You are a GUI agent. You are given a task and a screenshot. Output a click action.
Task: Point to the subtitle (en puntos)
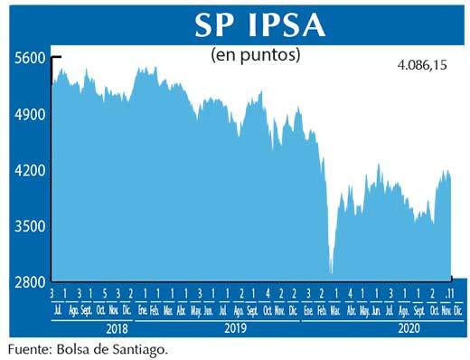click(x=255, y=54)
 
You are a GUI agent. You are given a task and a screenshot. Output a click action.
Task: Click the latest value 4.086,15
click(x=422, y=66)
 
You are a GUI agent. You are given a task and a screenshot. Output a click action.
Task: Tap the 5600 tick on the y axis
click(x=29, y=58)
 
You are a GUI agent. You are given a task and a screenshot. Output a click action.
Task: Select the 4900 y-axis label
click(x=29, y=115)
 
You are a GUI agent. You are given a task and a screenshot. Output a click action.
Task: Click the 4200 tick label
click(x=29, y=170)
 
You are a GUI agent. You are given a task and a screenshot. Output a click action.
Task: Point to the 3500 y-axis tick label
click(x=29, y=226)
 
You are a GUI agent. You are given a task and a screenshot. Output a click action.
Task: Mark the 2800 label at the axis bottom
click(x=29, y=281)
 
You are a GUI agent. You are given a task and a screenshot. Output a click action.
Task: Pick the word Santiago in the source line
click(x=140, y=347)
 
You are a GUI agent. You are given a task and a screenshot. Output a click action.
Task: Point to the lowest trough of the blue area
click(x=332, y=272)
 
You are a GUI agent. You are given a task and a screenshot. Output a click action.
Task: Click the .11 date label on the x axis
click(x=448, y=294)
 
